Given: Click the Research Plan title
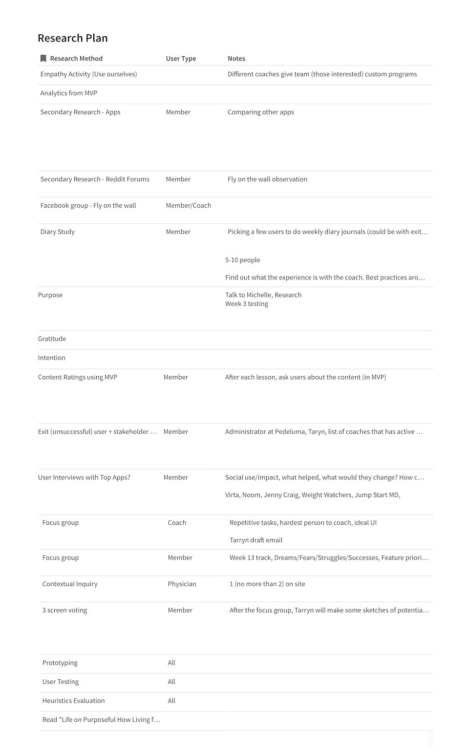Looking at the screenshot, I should pyautogui.click(x=72, y=38).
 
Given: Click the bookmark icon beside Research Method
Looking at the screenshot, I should pyautogui.click(x=43, y=59).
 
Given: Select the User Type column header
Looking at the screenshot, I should pyautogui.click(x=181, y=59).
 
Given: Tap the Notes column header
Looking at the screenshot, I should pyautogui.click(x=236, y=59).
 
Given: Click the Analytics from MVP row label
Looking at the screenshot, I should pyautogui.click(x=69, y=93).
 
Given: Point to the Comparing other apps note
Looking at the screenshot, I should pyautogui.click(x=261, y=112).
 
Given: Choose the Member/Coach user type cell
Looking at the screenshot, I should pyautogui.click(x=189, y=206).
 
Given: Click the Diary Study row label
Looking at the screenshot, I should pyautogui.click(x=58, y=232).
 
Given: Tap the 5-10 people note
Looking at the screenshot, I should pyautogui.click(x=243, y=260).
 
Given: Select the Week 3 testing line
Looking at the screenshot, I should pyautogui.click(x=247, y=304).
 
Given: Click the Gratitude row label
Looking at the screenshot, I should pyautogui.click(x=52, y=339).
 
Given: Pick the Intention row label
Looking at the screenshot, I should pyautogui.click(x=52, y=358).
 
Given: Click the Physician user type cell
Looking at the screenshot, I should pyautogui.click(x=182, y=584).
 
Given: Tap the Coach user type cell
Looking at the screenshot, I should pyautogui.click(x=177, y=523).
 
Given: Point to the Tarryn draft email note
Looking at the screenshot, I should pyautogui.click(x=256, y=540).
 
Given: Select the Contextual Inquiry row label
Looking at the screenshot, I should pyautogui.click(x=70, y=584).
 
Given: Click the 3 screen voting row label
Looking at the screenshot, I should pyautogui.click(x=64, y=610).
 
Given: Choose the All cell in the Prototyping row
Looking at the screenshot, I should pyautogui.click(x=171, y=663).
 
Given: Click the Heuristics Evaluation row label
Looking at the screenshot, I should pyautogui.click(x=73, y=701).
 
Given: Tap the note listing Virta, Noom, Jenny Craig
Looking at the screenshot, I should pyautogui.click(x=313, y=495).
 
